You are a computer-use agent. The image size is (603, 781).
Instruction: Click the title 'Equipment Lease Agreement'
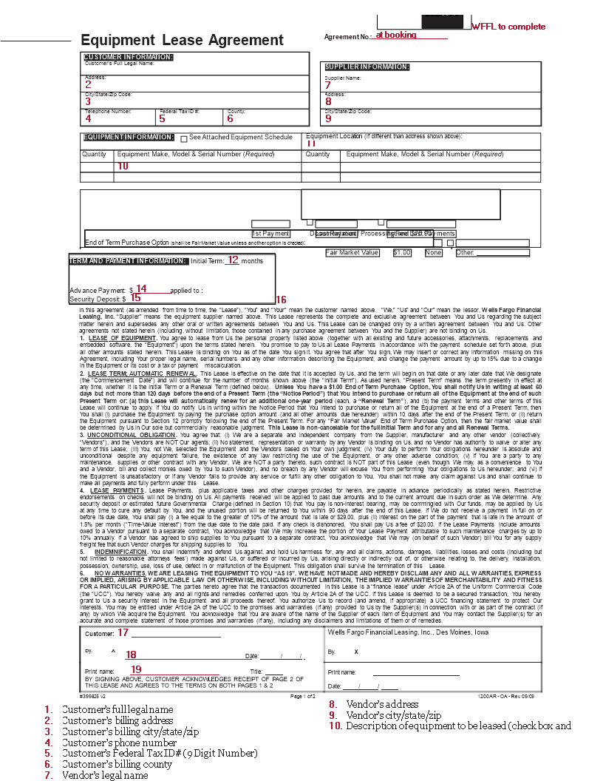[x=182, y=40]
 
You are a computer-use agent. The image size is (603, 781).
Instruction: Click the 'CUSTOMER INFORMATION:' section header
[x=129, y=57]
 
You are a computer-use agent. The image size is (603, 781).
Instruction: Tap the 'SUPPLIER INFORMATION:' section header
[x=367, y=67]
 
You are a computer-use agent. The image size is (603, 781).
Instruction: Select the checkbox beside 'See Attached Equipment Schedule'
[x=184, y=138]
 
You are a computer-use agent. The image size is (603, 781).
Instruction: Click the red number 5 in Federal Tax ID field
[x=162, y=118]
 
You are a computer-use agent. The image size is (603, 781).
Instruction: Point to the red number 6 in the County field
[x=230, y=118]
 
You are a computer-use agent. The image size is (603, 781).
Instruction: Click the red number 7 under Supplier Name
[x=327, y=85]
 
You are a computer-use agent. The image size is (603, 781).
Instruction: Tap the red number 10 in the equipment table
[x=123, y=166]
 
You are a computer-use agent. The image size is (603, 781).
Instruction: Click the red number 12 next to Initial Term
[x=233, y=260]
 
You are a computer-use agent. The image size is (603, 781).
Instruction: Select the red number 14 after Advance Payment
[x=140, y=288]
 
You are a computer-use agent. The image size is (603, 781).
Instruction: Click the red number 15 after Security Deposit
[x=136, y=298]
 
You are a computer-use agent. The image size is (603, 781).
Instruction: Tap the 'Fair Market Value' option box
[x=352, y=253]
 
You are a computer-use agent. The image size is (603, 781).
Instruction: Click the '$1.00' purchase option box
[x=402, y=253]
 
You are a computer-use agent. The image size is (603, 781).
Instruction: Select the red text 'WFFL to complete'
[x=508, y=27]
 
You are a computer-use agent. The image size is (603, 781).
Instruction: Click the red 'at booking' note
[x=395, y=35]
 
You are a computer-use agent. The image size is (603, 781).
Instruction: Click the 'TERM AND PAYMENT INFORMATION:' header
[x=129, y=261]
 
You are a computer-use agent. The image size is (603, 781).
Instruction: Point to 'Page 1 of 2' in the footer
[x=303, y=697]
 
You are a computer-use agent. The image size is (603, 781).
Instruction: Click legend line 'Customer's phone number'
[x=119, y=743]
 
